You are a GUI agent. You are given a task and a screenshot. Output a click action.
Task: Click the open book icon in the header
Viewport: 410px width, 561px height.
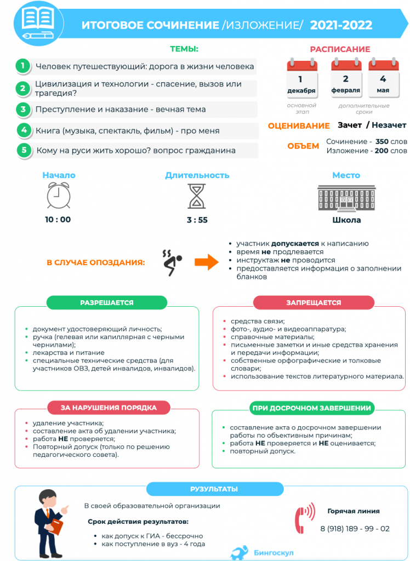tap(37, 20)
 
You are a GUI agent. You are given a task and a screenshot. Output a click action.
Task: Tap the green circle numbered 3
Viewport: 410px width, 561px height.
tap(23, 109)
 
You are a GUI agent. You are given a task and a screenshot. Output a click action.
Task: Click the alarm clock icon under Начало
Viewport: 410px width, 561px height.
tap(58, 196)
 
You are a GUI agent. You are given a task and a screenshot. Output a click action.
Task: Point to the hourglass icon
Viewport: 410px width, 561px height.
tap(197, 196)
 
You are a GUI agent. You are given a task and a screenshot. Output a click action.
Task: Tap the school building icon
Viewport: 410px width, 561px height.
tap(346, 197)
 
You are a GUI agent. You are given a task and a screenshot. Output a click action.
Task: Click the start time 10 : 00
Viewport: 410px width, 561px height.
tap(58, 220)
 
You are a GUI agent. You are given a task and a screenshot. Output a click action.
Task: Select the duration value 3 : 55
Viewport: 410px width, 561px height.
tap(197, 220)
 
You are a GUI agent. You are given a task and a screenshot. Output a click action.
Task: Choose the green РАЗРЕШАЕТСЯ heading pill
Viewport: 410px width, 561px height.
tap(106, 302)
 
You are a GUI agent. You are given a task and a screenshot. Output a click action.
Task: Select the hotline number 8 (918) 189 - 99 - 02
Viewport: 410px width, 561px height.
tap(355, 529)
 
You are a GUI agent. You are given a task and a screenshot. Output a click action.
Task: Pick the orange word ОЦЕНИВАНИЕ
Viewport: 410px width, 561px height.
tap(299, 126)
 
